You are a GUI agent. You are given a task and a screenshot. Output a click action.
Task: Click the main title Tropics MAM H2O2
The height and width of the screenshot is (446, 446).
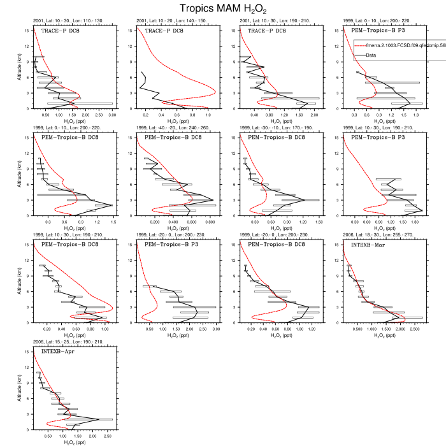coord(223,8)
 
